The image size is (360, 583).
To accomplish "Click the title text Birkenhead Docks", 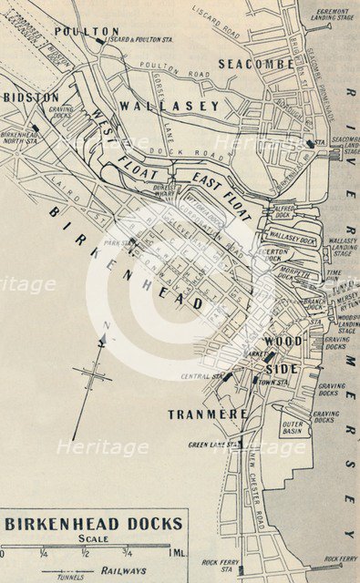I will (94, 524).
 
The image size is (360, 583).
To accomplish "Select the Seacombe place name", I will (255, 64).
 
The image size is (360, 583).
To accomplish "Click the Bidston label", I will (31, 97).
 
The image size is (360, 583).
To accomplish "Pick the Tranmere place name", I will (208, 414).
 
